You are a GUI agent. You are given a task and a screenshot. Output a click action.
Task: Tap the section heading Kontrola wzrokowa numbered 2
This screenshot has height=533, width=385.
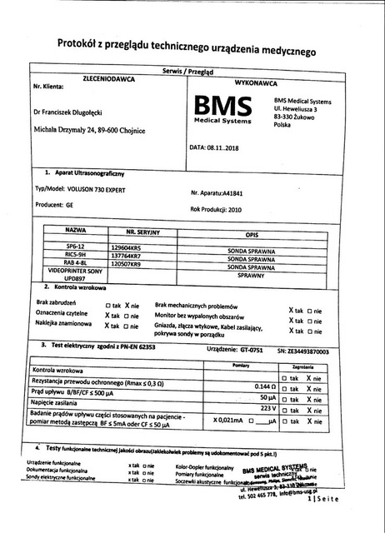tap(80, 287)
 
